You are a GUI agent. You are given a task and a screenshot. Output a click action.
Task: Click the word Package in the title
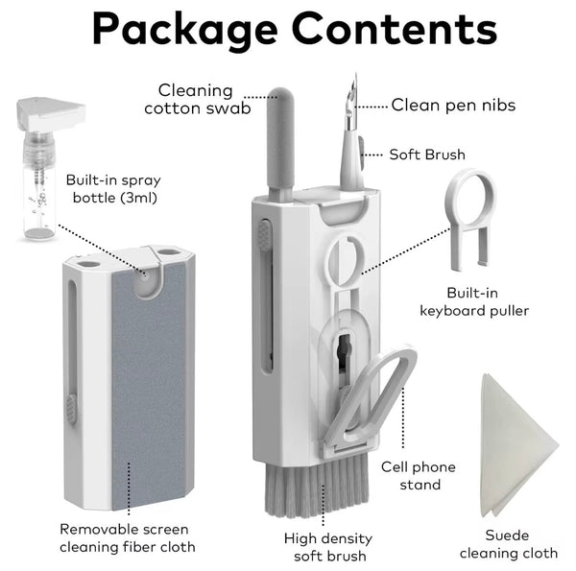click(x=184, y=30)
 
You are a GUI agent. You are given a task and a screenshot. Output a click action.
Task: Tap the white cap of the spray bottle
click(x=52, y=113)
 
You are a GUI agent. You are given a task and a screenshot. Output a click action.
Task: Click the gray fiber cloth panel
click(x=149, y=386)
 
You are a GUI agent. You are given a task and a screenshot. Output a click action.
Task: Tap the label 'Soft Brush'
click(x=427, y=155)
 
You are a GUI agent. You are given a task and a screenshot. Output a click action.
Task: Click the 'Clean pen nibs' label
click(x=453, y=105)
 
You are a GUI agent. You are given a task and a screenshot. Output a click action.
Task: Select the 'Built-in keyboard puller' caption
click(x=474, y=302)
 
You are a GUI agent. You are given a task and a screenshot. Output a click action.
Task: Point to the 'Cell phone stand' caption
click(x=419, y=476)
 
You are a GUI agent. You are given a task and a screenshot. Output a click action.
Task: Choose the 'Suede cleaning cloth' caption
click(x=509, y=544)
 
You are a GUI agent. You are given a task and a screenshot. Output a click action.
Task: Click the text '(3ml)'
click(x=139, y=198)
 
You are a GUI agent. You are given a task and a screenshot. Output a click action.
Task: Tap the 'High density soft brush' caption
click(x=328, y=547)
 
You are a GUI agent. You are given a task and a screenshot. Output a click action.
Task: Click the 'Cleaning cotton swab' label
click(x=197, y=99)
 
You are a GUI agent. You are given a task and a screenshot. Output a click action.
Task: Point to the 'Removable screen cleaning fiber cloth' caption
click(x=128, y=538)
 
